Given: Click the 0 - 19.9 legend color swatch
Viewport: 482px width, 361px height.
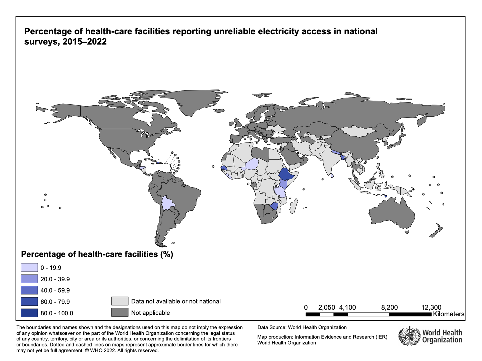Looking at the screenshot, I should coord(29,267).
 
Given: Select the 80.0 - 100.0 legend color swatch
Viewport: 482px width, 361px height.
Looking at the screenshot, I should coord(29,313).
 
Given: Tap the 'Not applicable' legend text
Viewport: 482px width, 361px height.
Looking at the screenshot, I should coord(150,313).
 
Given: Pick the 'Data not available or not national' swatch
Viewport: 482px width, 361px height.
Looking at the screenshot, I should coord(120,301).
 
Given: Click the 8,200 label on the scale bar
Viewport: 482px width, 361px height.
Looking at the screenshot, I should coord(389,307).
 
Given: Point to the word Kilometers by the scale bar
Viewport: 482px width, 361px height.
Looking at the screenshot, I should coord(448,314).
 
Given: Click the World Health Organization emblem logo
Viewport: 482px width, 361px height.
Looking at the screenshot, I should coord(409,336).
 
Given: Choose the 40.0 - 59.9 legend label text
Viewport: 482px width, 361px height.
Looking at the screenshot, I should coord(55,290).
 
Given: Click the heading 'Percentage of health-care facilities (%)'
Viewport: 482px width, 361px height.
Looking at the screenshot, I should coord(97,254).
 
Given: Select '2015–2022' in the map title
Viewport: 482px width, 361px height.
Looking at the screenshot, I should coord(85,42).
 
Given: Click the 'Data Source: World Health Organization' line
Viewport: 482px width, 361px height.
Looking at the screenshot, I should coord(302,327).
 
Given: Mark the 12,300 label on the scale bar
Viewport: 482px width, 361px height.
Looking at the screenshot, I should coord(431,307).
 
